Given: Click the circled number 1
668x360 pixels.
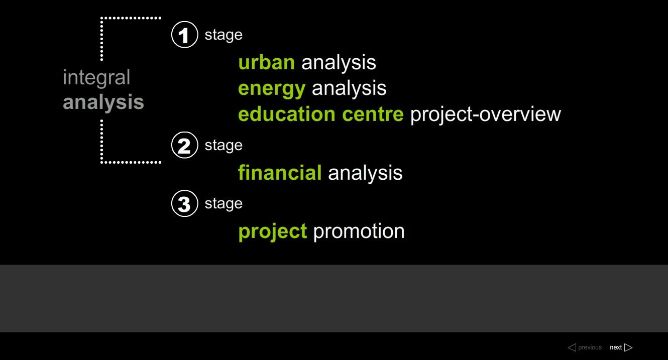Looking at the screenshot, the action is (x=185, y=35).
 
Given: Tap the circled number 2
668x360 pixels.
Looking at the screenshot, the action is (x=185, y=145).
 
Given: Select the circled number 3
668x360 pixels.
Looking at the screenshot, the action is (x=185, y=203).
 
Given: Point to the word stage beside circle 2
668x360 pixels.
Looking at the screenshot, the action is (x=224, y=146).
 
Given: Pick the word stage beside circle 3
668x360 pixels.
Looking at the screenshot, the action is (x=224, y=204).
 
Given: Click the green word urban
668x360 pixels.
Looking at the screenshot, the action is (x=267, y=62).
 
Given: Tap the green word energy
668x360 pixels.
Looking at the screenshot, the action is (x=272, y=89).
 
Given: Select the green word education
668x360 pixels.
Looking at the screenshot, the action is (x=287, y=114).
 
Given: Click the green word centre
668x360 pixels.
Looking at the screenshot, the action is (x=373, y=114).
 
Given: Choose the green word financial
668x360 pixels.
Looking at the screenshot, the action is (x=280, y=173).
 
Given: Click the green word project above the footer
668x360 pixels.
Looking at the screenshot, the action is (x=273, y=232).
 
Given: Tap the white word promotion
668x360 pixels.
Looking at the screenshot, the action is (x=359, y=232).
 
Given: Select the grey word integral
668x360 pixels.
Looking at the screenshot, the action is (x=96, y=78).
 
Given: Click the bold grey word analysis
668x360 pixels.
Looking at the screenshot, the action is (x=103, y=102).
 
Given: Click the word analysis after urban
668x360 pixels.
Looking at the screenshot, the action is (x=339, y=63).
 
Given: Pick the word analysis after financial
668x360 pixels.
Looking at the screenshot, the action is (x=365, y=173).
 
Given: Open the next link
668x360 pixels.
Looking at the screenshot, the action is (x=621, y=347).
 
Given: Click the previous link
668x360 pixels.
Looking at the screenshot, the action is (x=585, y=347).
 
